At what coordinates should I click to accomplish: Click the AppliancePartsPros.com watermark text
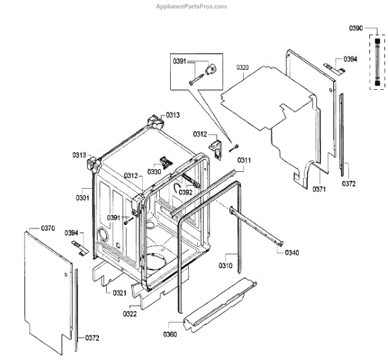coord(193,6)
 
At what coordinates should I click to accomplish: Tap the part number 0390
coord(356,28)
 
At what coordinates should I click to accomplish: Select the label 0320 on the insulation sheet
coord(243,67)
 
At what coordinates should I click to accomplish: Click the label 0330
coord(155,172)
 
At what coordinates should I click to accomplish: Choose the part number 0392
coord(186,192)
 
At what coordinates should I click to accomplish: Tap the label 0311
coord(244,160)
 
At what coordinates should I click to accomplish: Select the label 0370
coord(48,228)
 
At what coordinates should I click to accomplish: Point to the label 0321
coord(120,293)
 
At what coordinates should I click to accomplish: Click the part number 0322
coord(129,314)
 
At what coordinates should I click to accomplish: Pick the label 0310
coord(225,266)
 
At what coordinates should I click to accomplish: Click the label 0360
coord(170,334)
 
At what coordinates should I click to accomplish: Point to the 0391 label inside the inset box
coord(179,61)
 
